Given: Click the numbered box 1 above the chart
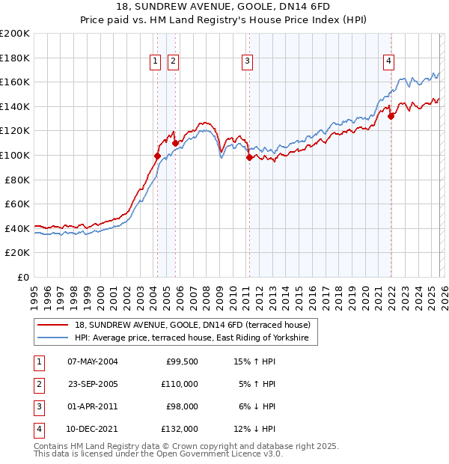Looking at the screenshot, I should (155, 62).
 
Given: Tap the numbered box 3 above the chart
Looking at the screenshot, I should (247, 62).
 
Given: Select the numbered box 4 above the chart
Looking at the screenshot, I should (389, 62).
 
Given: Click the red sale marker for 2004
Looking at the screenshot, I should (157, 156).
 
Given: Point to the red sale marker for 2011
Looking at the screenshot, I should (249, 157).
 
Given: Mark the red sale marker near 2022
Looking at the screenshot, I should (391, 116).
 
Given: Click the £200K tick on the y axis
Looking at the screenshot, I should (15, 34).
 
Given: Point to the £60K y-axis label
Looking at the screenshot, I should (17, 204).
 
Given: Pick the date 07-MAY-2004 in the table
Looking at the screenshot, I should (92, 362).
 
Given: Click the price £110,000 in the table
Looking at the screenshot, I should (180, 385).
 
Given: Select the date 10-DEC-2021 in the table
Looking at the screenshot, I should (92, 429).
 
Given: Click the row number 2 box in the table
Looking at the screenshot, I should (39, 385).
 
